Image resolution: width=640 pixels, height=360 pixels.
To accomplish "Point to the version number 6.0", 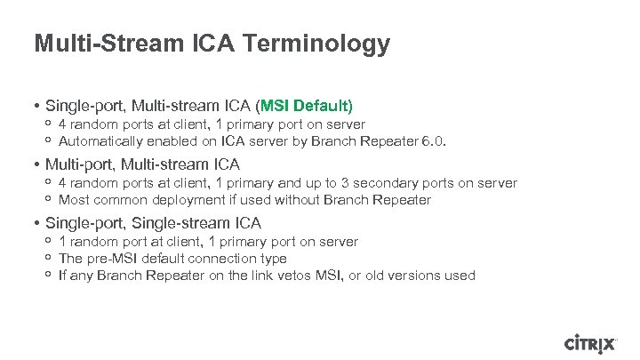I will coord(434,141).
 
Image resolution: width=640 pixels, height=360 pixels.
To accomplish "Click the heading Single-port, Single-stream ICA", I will coord(152,223).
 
